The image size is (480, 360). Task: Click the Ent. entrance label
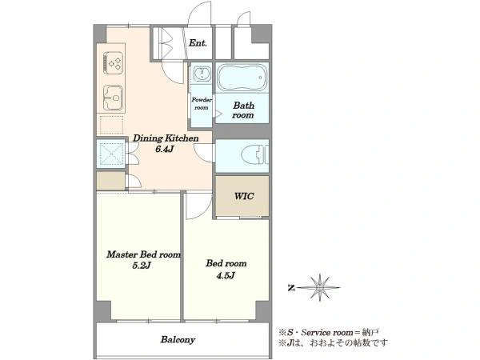[198, 43]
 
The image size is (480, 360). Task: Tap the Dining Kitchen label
[166, 138]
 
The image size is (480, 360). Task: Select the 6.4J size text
[165, 150]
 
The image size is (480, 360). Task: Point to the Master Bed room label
[143, 254]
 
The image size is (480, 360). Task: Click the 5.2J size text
[142, 266]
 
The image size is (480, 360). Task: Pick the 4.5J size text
[226, 276]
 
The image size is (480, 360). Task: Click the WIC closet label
[244, 196]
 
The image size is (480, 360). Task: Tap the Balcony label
[178, 340]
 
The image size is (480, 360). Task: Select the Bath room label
[243, 110]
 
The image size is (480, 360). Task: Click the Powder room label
[202, 103]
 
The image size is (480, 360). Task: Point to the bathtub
[242, 78]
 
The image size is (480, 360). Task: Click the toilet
[254, 154]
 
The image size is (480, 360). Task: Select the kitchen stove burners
[114, 62]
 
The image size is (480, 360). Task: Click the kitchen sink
[113, 98]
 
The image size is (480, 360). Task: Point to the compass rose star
[320, 287]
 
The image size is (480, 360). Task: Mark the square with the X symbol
[111, 154]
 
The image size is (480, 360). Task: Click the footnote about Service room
[329, 332]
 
